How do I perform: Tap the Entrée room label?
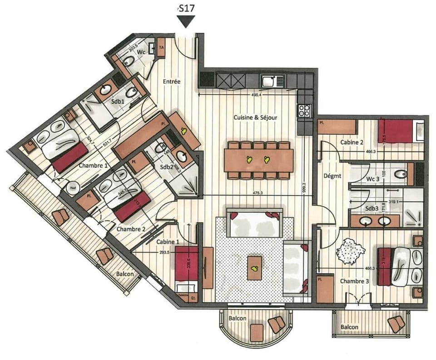point(172,82)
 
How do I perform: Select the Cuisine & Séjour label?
point(255,117)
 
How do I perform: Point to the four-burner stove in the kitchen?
point(304,110)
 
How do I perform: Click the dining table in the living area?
point(258,160)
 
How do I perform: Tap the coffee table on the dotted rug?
point(255,268)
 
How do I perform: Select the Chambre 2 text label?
point(131,229)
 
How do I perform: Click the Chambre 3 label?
point(355,281)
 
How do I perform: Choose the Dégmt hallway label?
point(332,175)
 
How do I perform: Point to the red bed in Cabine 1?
point(187,264)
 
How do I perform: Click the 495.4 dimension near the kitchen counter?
point(257,95)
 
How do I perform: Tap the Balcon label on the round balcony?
point(238,319)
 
